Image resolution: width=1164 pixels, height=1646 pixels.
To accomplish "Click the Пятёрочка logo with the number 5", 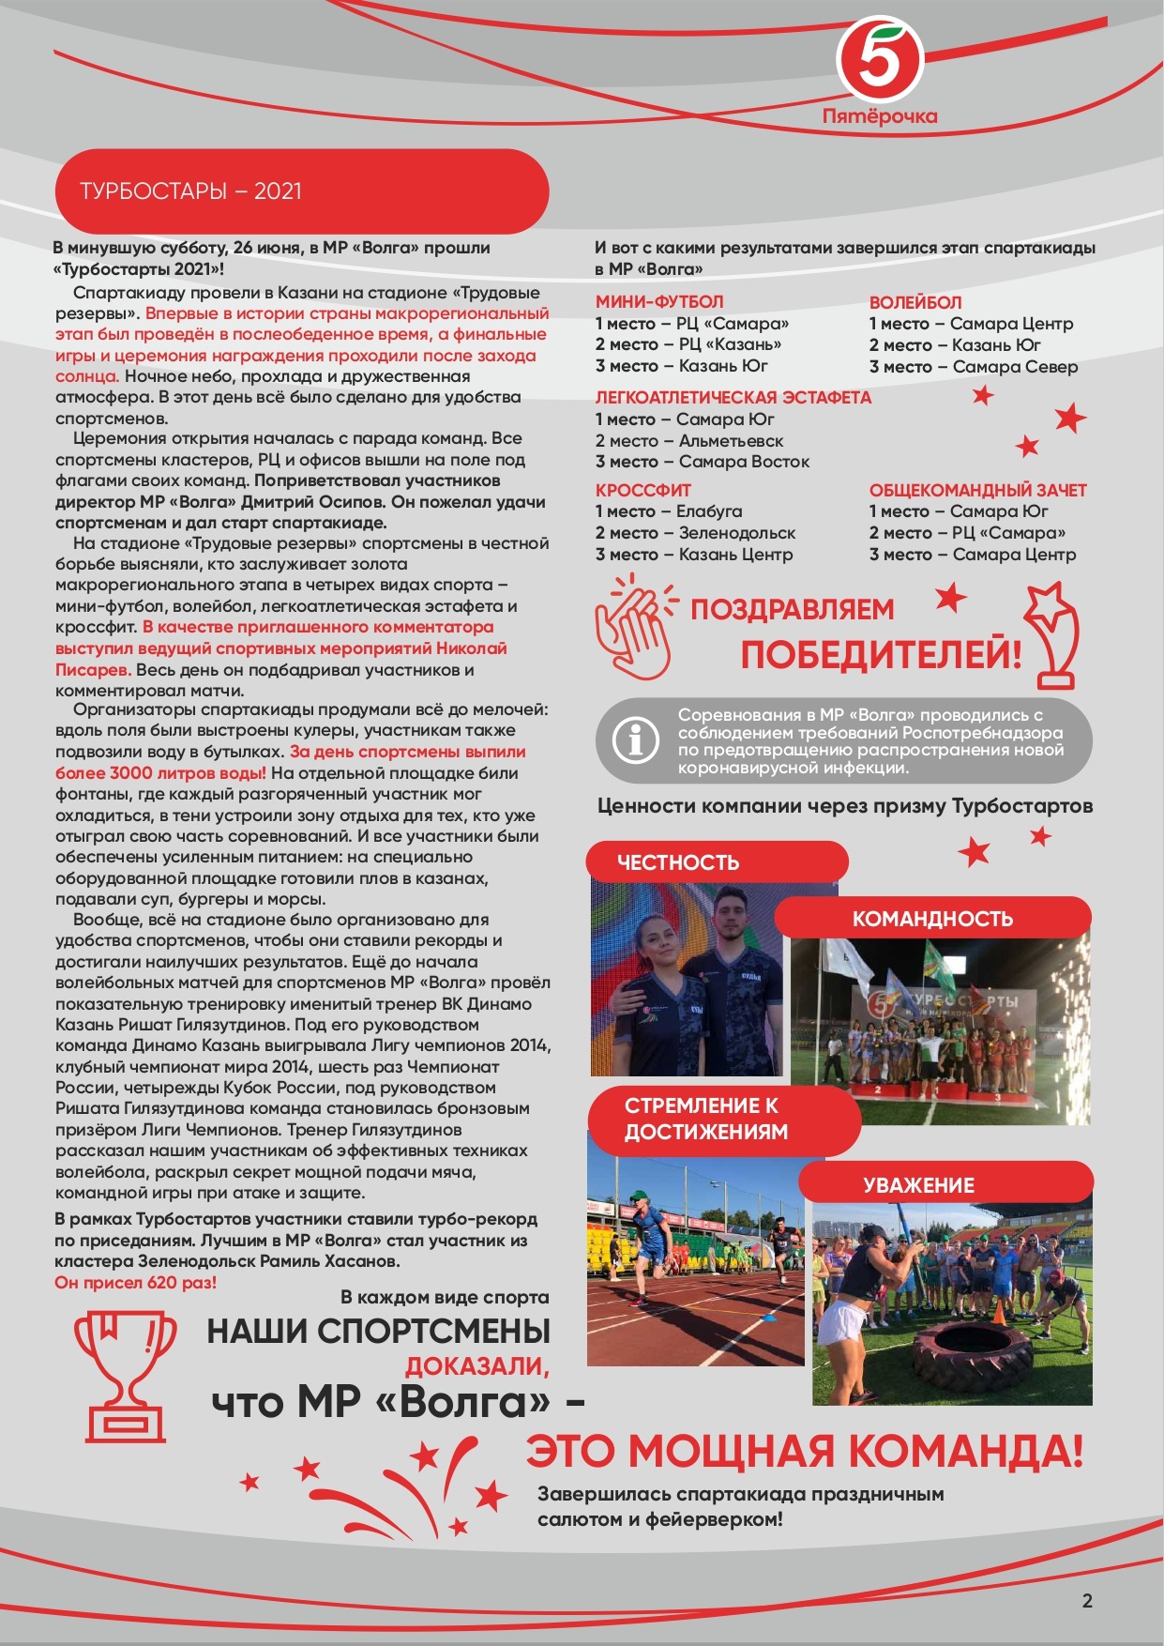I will (x=880, y=61).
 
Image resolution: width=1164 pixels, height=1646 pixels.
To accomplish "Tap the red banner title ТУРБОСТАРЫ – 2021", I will (x=191, y=191).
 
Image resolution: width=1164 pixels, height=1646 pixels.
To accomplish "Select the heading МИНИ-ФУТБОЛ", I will (x=659, y=302).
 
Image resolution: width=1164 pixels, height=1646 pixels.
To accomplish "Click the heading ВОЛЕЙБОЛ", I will (x=915, y=302).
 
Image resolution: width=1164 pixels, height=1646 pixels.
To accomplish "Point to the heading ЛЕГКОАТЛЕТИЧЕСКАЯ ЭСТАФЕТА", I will (x=733, y=398).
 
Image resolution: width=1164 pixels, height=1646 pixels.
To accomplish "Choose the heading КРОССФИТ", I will (x=643, y=490).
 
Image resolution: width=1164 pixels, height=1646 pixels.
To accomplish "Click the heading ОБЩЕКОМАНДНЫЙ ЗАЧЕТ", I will (x=977, y=490).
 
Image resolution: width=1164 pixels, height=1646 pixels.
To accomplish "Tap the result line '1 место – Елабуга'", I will (x=669, y=511).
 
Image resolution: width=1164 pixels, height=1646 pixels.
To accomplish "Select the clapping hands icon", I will (x=635, y=627).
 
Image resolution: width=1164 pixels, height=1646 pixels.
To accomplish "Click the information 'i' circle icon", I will (x=635, y=740).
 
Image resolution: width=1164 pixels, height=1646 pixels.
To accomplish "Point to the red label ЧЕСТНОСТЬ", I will (x=678, y=862).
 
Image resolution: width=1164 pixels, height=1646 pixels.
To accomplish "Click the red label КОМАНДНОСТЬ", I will (x=932, y=919).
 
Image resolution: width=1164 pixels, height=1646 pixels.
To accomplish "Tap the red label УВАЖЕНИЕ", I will (x=919, y=1185).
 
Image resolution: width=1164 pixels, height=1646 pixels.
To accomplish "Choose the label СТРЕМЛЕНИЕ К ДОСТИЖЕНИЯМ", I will (x=706, y=1119).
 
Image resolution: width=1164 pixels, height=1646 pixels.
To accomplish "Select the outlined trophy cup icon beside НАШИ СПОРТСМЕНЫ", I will (x=125, y=1376).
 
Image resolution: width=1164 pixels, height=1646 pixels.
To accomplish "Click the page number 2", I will (x=1087, y=1601).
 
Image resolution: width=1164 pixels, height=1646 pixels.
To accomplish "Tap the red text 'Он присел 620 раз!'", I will (x=136, y=1283).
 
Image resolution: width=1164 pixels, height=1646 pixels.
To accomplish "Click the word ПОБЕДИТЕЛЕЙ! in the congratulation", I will (x=880, y=655).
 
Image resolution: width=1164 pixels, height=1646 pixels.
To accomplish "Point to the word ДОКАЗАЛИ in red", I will (x=476, y=1366).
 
